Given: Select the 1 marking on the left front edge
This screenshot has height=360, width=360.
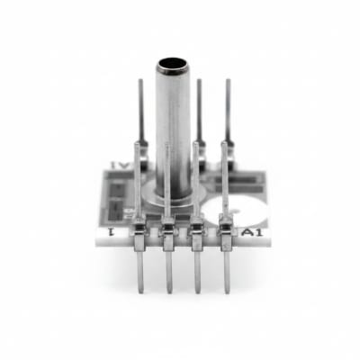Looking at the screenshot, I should click(110, 233).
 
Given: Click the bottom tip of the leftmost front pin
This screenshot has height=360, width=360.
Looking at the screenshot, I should click(139, 290).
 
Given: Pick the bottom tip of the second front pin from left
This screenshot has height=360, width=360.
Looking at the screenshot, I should click(167, 293).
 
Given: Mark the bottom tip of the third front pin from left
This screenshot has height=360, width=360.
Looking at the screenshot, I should click(194, 293).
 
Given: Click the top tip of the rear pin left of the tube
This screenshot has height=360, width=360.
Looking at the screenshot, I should click(141, 82).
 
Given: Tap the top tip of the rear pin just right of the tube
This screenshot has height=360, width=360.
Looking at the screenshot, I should click(199, 82).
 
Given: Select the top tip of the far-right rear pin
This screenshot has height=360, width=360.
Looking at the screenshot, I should click(227, 82).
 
